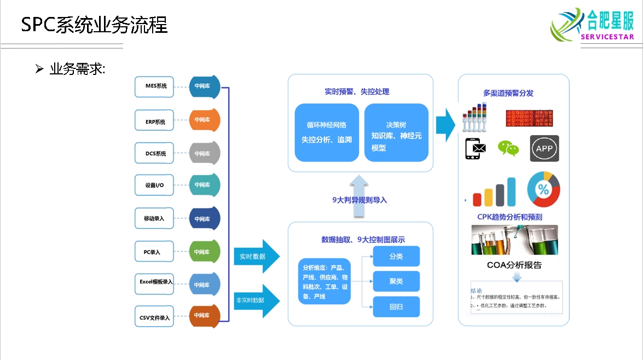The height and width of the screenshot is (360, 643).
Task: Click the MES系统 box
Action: (155, 86)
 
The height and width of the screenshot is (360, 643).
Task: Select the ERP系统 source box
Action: (155, 121)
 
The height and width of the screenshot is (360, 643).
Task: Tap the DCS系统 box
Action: (155, 154)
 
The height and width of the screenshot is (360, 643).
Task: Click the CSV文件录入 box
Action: (155, 317)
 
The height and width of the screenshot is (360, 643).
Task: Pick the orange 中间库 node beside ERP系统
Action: (204, 120)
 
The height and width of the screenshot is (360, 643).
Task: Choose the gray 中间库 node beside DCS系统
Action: (204, 154)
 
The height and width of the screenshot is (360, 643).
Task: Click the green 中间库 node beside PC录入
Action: (204, 252)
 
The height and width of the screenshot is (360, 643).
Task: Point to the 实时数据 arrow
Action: (255, 256)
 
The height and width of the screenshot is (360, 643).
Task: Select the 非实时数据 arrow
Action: (255, 300)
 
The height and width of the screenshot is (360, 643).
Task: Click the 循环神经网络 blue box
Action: (327, 132)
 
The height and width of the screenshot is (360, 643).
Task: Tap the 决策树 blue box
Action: (396, 132)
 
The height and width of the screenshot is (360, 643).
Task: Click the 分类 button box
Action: (396, 256)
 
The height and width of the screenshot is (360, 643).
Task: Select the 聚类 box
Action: (396, 281)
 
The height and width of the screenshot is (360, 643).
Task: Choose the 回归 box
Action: (396, 307)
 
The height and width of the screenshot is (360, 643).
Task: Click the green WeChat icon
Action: (508, 148)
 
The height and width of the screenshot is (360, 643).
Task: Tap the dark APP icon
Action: (544, 148)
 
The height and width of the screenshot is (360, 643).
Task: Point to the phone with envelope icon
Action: (475, 148)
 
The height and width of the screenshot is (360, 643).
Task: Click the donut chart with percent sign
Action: (543, 189)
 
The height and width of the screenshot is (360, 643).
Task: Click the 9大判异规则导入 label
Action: (360, 200)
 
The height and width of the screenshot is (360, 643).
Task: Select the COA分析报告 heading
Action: (514, 265)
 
